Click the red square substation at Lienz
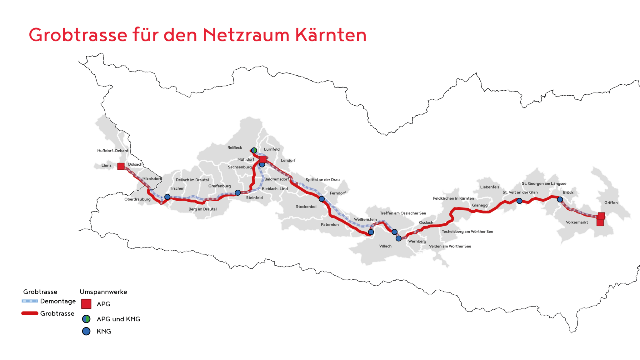pos(121,166)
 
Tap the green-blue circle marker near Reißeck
pos(254,150)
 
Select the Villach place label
pos(385,246)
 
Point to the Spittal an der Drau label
pos(322,180)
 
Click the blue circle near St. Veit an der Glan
pos(519,201)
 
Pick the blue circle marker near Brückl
pos(560,199)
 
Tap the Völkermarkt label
pos(577,222)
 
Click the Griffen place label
pos(611,203)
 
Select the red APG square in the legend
pos(86,304)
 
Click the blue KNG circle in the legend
pos(86,331)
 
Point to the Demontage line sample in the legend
pos(30,301)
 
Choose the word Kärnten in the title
pos(331,35)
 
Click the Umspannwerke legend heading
pos(103,292)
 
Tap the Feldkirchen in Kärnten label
pos(453,198)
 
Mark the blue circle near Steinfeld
pos(238,193)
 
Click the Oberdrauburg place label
pos(137,199)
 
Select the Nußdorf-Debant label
pos(113,151)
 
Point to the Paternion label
pos(330,225)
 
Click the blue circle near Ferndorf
pos(322,199)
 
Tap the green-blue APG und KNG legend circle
pos(86,319)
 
